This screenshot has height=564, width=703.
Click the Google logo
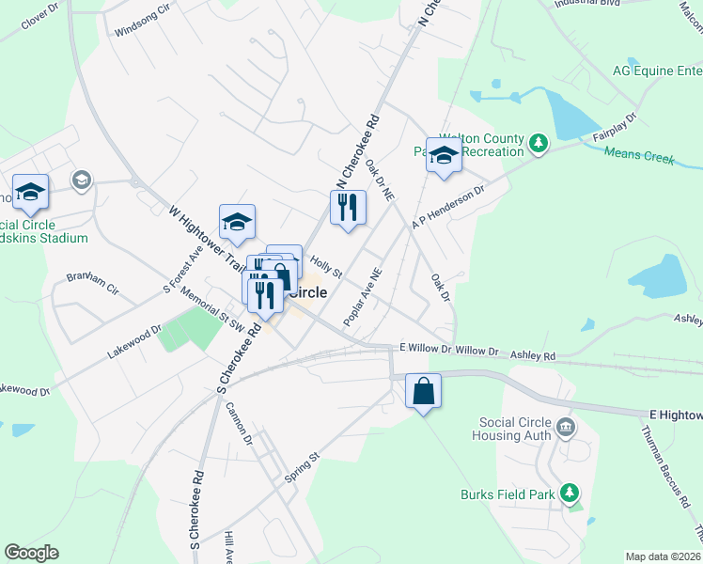(31, 553)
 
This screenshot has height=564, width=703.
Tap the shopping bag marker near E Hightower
(423, 389)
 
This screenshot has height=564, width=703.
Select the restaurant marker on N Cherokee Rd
(348, 208)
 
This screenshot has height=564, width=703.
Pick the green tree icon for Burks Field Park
(568, 493)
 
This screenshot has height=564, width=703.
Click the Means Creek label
(639, 156)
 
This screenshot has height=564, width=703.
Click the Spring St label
(303, 467)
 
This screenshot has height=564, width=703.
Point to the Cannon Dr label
(240, 424)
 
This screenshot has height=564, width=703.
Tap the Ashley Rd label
(532, 355)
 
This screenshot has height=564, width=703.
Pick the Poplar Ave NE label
(362, 298)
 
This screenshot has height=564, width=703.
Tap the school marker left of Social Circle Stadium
(30, 192)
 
